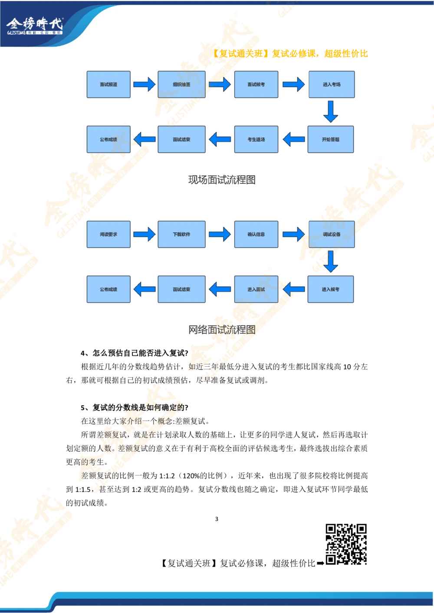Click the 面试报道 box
pos(108,85)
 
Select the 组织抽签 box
pos(181,85)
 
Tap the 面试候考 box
pos(256,85)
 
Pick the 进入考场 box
pos(332,85)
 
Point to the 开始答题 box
pos(330,140)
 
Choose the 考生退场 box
pos(256,140)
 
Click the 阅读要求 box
pos(108,234)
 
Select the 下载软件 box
pos(181,234)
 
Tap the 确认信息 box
pos(256,234)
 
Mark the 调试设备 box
pos(332,234)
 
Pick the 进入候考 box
pos(330,289)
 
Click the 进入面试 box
pos(256,289)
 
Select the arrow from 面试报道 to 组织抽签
pos(144,84)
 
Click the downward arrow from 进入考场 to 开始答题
pos(331,112)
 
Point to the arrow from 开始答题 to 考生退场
pos(294,140)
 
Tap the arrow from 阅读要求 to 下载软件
pos(144,234)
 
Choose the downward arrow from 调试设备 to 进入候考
pos(331,261)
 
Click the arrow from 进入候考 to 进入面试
pos(294,289)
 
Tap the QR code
pos(345,544)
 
